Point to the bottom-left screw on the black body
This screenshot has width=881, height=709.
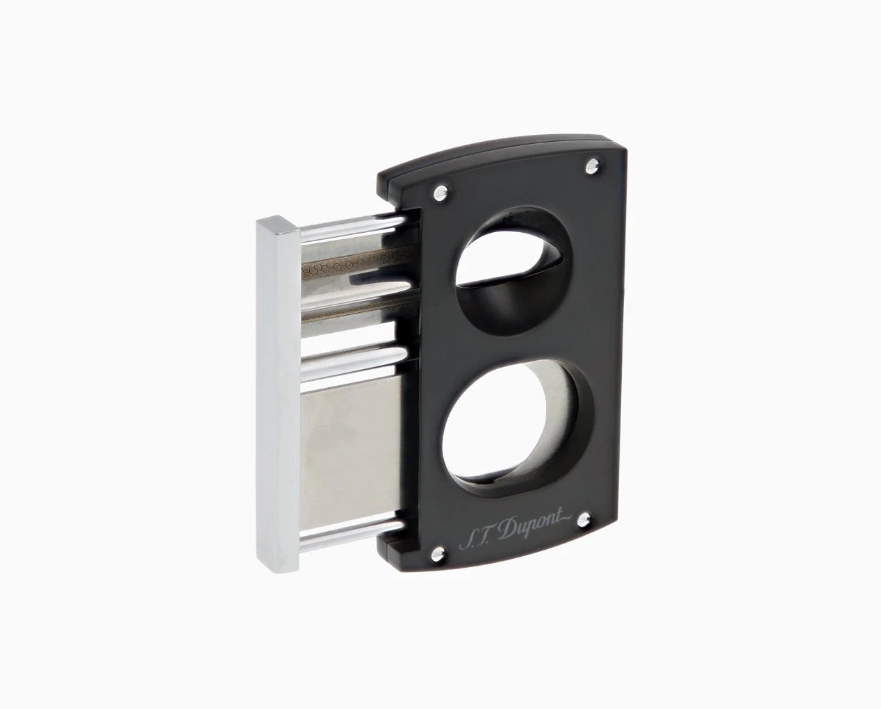pos(438,554)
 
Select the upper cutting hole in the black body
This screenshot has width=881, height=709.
pos(513,272)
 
